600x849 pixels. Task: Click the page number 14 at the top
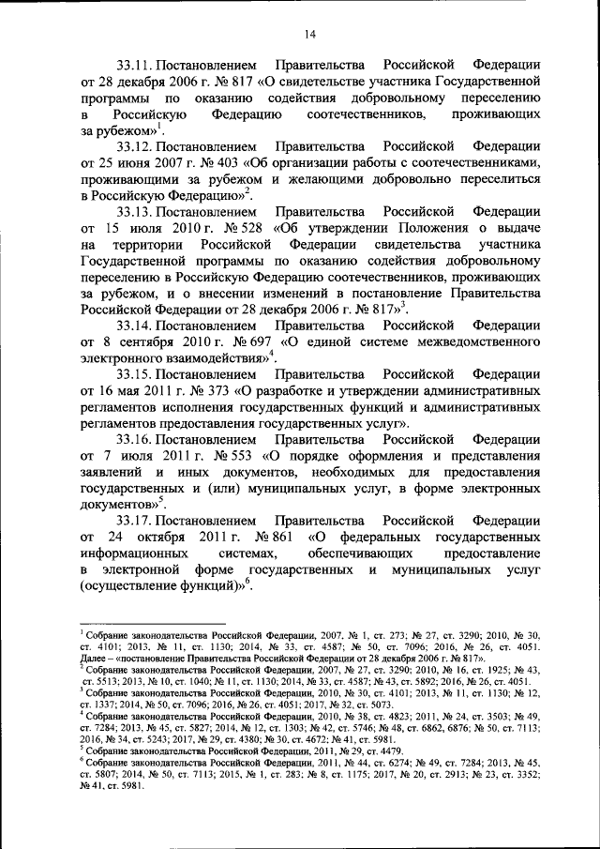pos(310,35)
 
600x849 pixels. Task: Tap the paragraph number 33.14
pos(135,325)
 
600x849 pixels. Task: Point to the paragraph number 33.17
pos(135,520)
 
